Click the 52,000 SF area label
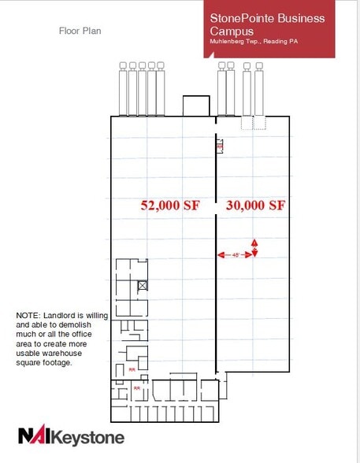tap(170, 206)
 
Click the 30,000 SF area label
tap(254, 206)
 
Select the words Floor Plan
tap(80, 31)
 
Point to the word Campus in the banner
tap(231, 31)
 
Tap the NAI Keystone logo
tap(71, 435)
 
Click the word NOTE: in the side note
tap(29, 316)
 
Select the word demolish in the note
tap(76, 325)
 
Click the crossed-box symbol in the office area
tap(143, 285)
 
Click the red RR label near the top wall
tap(220, 146)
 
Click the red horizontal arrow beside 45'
tap(221, 255)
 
